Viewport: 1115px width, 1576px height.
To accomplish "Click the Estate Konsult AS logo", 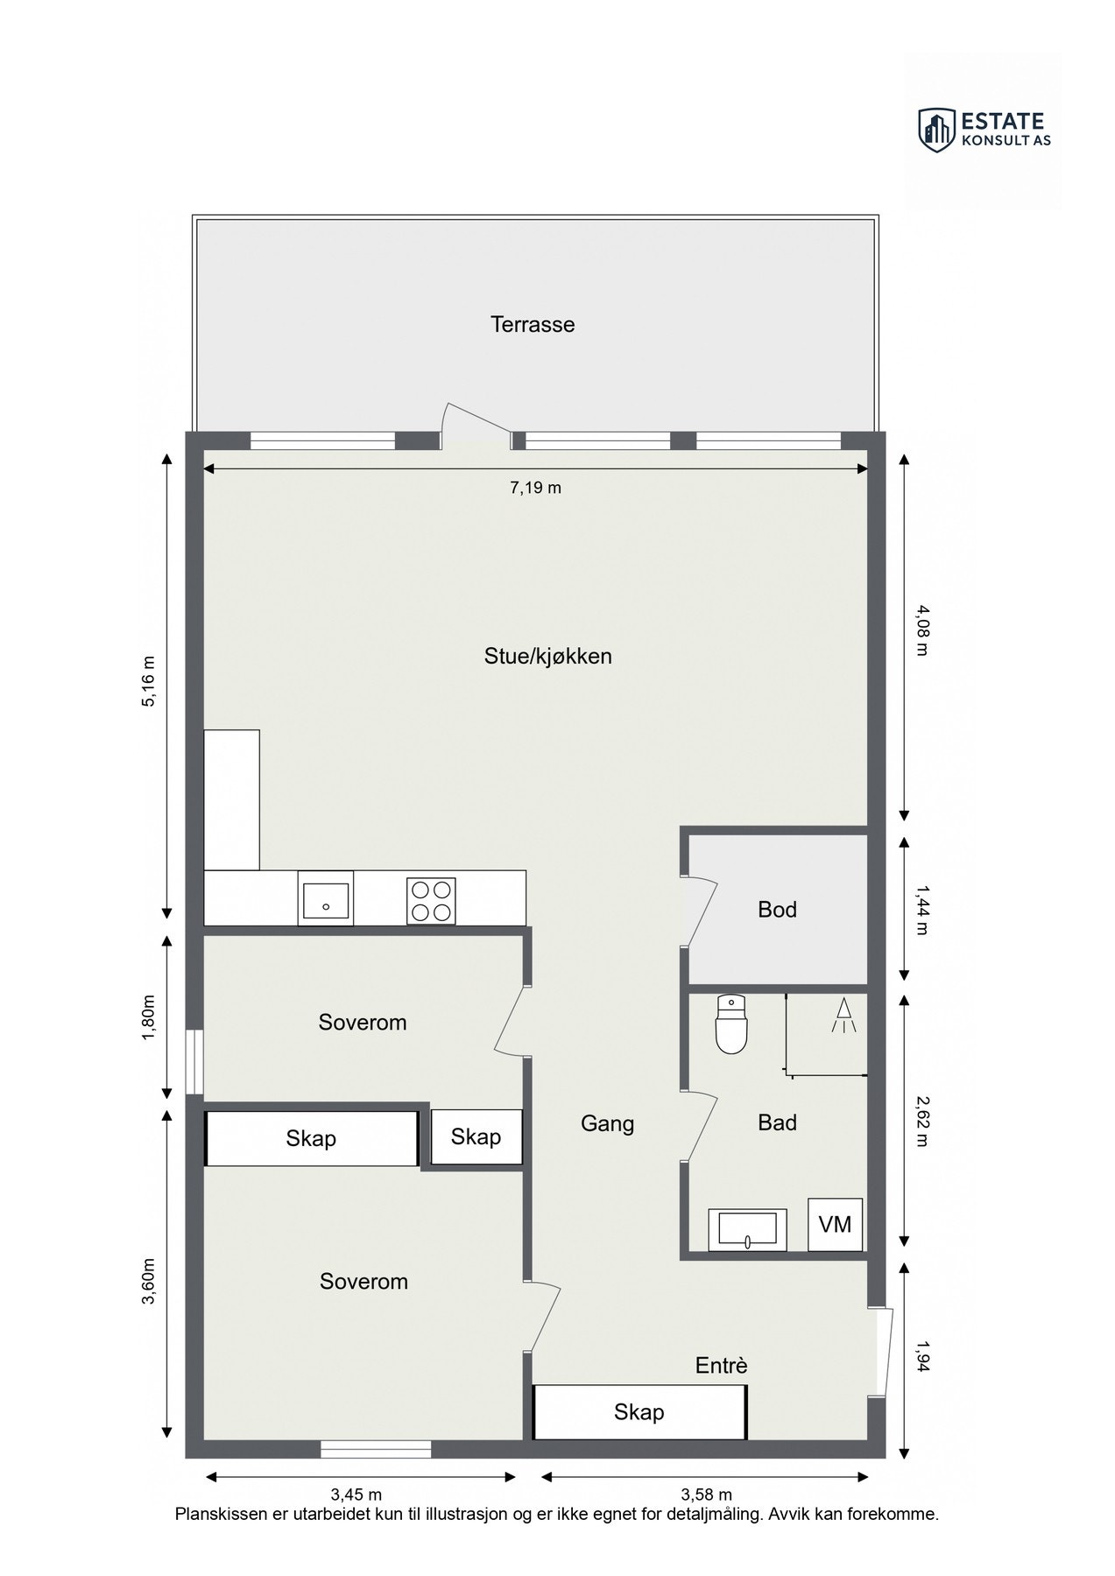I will tap(984, 130).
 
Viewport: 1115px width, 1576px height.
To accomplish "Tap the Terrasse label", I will tap(533, 325).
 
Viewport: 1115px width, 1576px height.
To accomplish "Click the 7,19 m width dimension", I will tap(535, 488).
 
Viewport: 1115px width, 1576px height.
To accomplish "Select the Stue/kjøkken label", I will tap(547, 656).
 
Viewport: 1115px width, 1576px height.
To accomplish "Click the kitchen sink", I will tap(325, 898).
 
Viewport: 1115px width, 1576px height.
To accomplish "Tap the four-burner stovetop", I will tap(431, 900).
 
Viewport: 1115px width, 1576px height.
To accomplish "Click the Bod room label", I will tap(777, 910).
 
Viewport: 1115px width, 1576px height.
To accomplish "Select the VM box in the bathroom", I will tap(835, 1224).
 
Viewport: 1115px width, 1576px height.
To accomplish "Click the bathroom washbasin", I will tap(747, 1228).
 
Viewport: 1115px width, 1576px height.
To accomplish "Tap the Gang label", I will tap(607, 1123).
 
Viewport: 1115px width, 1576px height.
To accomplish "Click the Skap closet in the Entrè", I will tap(639, 1411).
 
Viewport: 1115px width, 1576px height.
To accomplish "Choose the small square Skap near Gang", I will tap(476, 1136).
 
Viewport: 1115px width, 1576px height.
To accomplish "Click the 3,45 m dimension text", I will tap(356, 1494).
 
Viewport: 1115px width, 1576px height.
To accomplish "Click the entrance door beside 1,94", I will tap(882, 1352).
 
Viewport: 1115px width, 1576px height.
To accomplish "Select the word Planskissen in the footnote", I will tap(222, 1514).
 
